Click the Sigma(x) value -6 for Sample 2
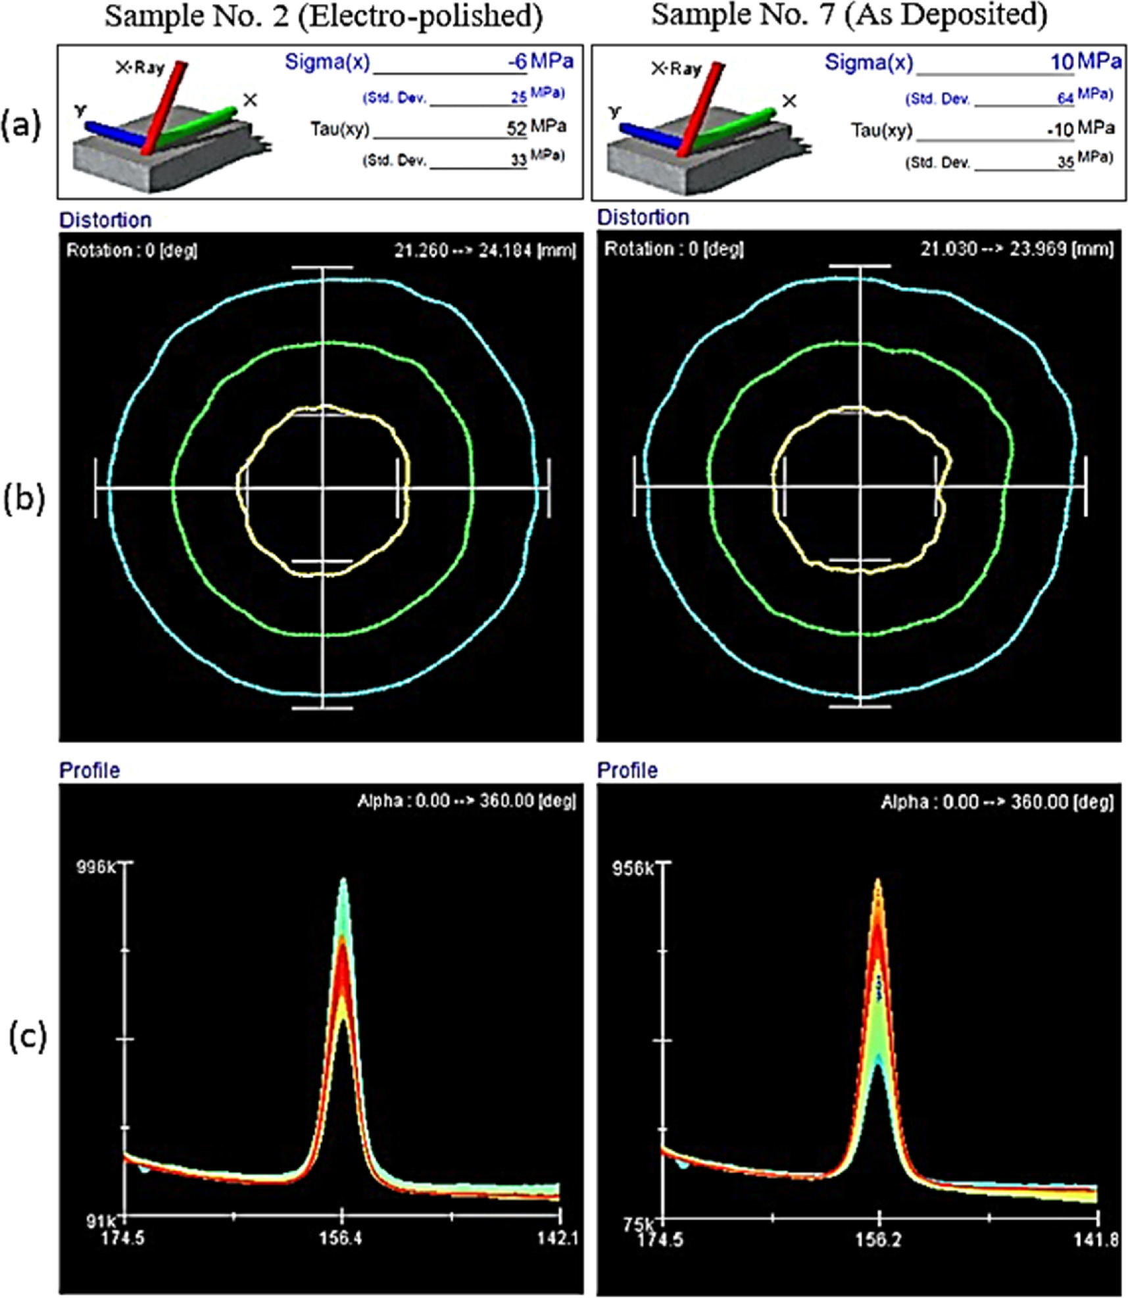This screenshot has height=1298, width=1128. click(x=516, y=62)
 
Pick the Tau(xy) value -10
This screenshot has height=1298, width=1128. click(x=1060, y=129)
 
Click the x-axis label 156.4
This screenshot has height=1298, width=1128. click(x=341, y=1238)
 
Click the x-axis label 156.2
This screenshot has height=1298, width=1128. click(x=879, y=1239)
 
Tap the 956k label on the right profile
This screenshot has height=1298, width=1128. click(x=632, y=869)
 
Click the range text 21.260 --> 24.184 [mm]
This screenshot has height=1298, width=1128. click(x=485, y=251)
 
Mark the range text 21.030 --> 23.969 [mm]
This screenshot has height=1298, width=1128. click(x=1016, y=249)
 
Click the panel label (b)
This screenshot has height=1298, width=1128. click(x=24, y=499)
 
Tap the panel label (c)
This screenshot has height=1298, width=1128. click(x=28, y=1036)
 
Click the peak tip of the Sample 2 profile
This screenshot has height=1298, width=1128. click(x=343, y=879)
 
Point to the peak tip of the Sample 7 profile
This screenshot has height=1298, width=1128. click(x=877, y=880)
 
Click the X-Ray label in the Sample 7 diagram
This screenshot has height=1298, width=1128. click(x=676, y=68)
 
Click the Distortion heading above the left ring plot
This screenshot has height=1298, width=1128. click(x=105, y=220)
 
